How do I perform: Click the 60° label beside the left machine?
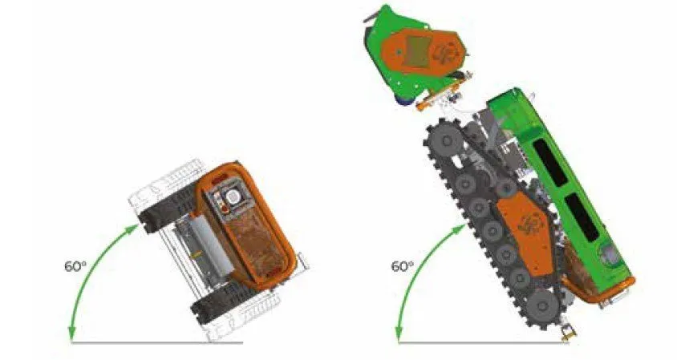75,266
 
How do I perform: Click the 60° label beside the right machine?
402,266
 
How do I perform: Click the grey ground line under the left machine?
157,342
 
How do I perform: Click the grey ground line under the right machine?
484,342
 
